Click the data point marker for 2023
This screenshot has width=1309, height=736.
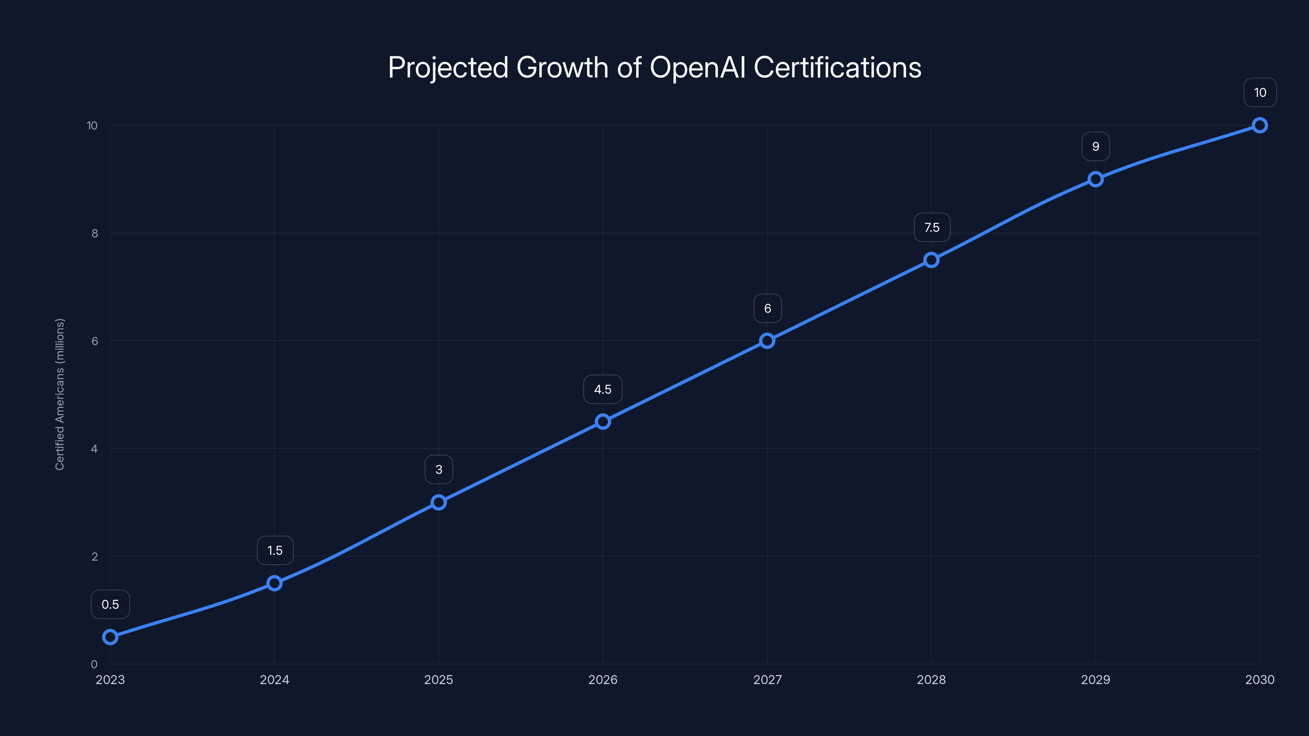[110, 637]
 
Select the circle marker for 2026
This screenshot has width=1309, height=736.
[603, 422]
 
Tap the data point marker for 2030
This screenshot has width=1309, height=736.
[1260, 126]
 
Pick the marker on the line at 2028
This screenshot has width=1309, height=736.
[931, 260]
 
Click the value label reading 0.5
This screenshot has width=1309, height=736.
[110, 604]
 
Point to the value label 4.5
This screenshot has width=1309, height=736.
[603, 390]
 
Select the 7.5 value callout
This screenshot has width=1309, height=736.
[931, 228]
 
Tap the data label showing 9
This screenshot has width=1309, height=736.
[1095, 147]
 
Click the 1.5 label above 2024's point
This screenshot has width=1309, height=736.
[275, 551]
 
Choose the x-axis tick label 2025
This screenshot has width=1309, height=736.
[439, 680]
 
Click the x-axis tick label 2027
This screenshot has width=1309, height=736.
[767, 680]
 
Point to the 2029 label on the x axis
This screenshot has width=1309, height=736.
[1095, 680]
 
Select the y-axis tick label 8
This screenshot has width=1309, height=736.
[94, 233]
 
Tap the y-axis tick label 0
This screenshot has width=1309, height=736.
[94, 664]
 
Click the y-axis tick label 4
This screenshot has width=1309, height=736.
[94, 449]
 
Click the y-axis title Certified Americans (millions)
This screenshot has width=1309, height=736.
[60, 395]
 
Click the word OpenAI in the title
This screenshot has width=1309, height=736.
[698, 67]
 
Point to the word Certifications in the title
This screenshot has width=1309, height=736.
[837, 67]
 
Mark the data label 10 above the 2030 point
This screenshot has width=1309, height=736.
[1260, 93]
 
